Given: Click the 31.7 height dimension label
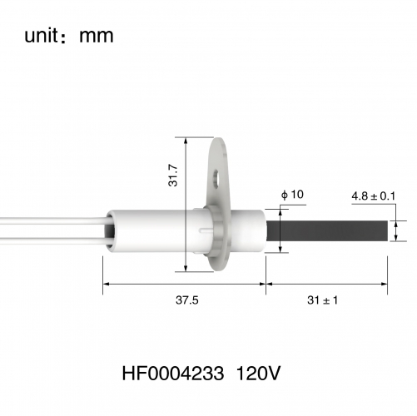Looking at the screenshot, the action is pos(173,175).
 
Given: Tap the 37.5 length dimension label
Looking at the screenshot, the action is pos(187,300).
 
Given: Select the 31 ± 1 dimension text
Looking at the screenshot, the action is pos(323,300).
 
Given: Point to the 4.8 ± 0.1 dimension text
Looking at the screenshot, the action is pos(374,196).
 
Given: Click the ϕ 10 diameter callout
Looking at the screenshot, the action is pos(292,195).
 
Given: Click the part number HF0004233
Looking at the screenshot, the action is pos(173,374).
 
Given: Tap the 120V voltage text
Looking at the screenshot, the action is pos(258,374).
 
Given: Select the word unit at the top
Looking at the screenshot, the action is pos(42,36).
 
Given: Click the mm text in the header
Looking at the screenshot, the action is pos(97,37).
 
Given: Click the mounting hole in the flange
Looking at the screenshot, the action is pos(216,180).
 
